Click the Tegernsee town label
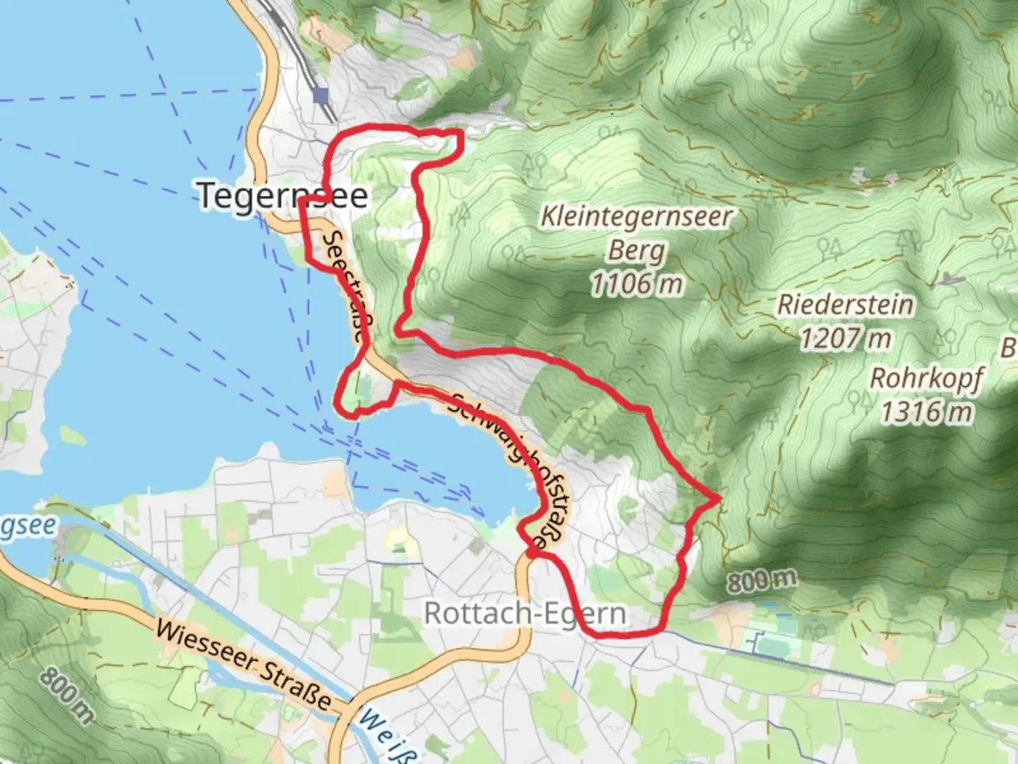point(283,195)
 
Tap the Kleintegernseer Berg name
point(636,233)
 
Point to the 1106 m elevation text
point(636,284)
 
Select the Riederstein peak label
point(846,306)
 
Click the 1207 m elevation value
point(846,339)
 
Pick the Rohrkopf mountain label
point(925,378)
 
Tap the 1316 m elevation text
point(925,412)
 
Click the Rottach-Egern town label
point(525,613)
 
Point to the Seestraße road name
point(346,286)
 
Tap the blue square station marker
point(322,95)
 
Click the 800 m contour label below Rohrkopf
point(761,581)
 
